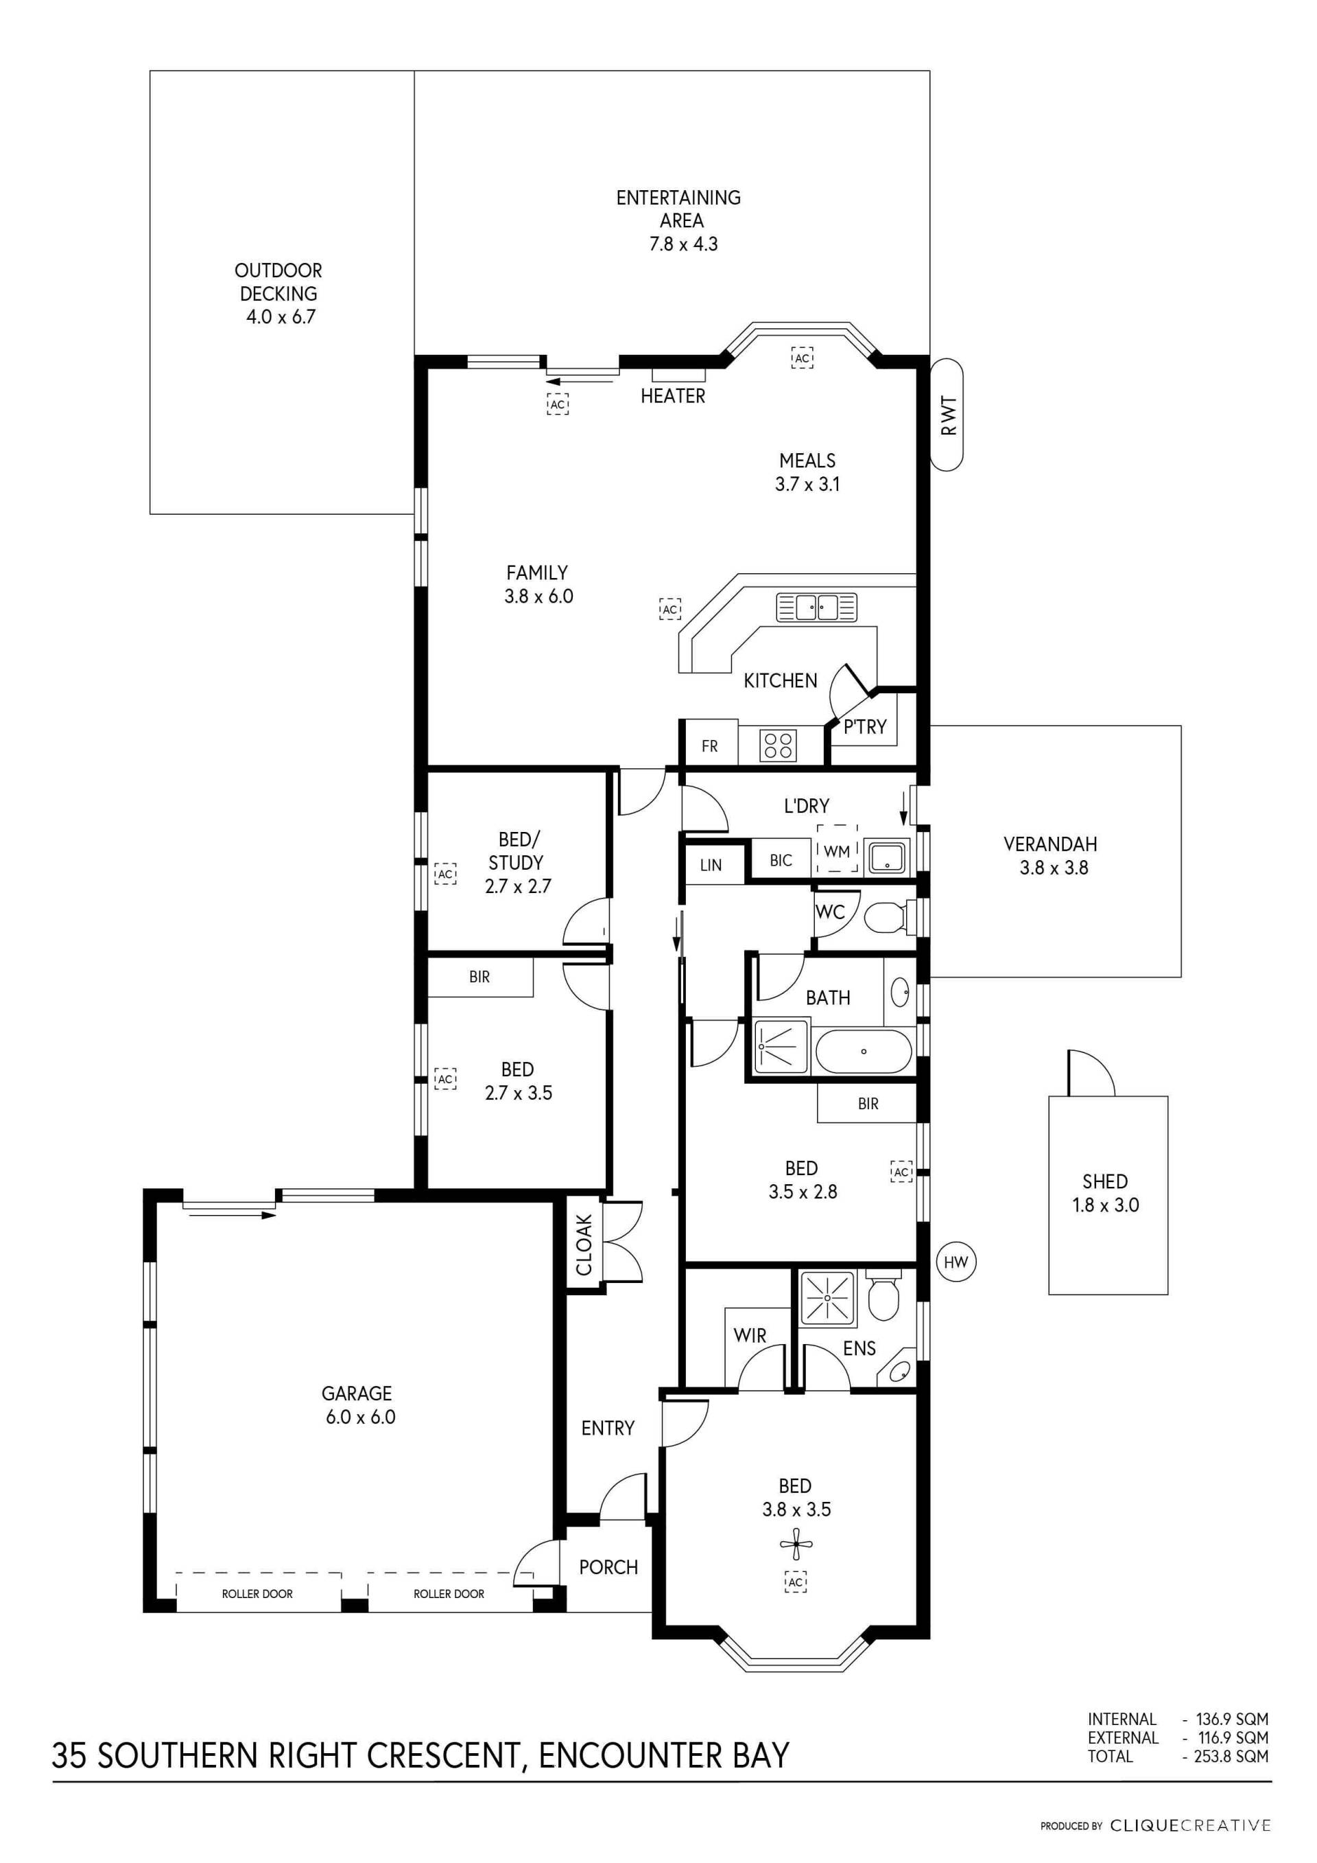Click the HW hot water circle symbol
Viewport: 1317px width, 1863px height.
coord(956,1262)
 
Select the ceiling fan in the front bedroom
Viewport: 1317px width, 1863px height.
coord(796,1544)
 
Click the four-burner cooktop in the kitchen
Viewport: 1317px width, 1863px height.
coord(779,745)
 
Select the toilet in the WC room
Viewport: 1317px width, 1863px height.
coord(888,919)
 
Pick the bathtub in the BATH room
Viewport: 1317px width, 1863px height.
coord(864,1052)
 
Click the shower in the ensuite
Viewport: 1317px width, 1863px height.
coord(827,1297)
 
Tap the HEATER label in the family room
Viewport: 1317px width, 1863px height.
coord(673,396)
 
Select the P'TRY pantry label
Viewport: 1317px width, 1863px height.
coord(865,726)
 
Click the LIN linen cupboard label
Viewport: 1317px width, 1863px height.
coord(711,865)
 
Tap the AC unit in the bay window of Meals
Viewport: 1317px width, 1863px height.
coord(802,358)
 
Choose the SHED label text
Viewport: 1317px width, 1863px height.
coord(1105,1181)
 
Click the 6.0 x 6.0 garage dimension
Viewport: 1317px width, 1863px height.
coord(361,1417)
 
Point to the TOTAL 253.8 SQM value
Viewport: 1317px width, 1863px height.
coord(1231,1757)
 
